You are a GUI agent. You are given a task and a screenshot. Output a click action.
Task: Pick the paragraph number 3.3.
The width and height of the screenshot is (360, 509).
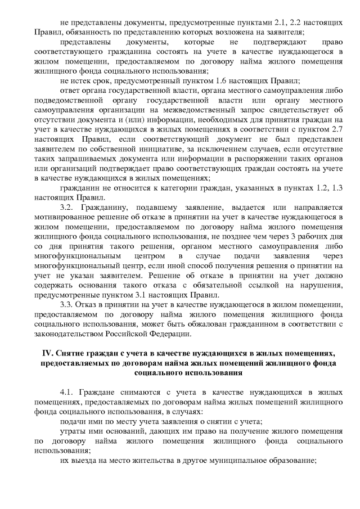[66, 305]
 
